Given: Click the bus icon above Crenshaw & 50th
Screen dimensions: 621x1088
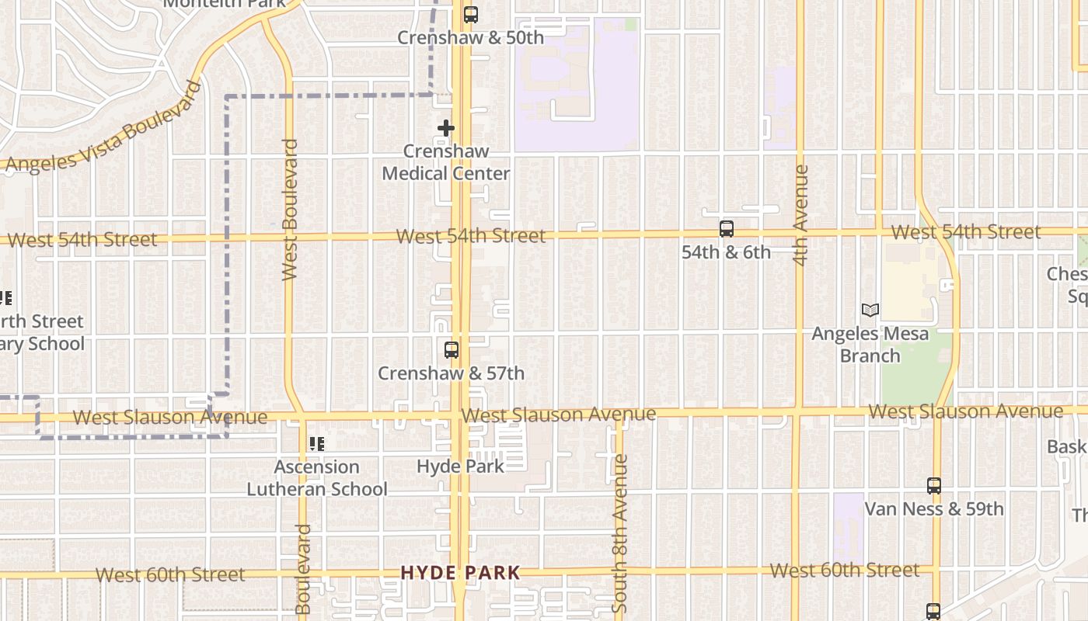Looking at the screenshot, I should (x=470, y=14).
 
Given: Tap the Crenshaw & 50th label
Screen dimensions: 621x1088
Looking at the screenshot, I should (x=470, y=37).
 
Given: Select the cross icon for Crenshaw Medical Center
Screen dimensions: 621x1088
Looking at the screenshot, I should (x=445, y=127).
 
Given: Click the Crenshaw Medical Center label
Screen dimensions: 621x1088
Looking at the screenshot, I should (x=446, y=162).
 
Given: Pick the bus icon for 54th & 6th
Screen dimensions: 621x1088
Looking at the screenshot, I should (x=726, y=229).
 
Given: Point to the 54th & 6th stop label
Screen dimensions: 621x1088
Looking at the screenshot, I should (x=726, y=252).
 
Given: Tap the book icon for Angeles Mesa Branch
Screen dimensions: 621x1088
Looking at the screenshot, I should (x=870, y=310).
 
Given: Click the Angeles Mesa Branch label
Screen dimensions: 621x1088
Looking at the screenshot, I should (x=870, y=345).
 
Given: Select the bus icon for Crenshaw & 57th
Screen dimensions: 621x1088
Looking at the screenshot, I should (x=452, y=350).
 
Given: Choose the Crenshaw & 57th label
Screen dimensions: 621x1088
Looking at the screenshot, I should (x=451, y=373).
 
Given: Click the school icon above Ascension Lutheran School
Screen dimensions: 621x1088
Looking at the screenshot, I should (x=316, y=444).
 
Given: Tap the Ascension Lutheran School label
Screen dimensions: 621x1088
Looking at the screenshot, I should (x=317, y=478).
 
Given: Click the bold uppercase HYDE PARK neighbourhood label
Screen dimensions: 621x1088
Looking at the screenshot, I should (x=460, y=573).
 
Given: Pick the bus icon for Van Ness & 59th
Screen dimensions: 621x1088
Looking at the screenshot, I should (x=933, y=486).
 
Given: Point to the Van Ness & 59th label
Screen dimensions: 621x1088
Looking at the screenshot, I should (x=933, y=509).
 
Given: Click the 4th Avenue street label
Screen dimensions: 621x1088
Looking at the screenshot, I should (x=801, y=215).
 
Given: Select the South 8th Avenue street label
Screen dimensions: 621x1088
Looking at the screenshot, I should (x=619, y=534).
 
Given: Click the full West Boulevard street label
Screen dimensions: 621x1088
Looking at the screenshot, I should (x=290, y=210).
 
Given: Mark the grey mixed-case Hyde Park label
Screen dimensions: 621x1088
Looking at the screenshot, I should (x=460, y=467).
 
